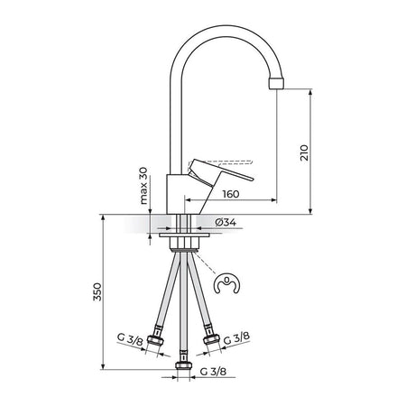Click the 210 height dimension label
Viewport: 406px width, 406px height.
pos(305,152)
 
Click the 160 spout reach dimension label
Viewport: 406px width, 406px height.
pos(231,194)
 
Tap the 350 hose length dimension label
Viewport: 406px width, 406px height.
pos(97,291)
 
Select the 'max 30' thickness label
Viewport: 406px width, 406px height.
pos(144,186)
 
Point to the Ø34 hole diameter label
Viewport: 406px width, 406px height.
pos(226,222)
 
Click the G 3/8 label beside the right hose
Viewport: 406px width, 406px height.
pos(236,338)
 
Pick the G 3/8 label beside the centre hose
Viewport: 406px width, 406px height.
pos(213,372)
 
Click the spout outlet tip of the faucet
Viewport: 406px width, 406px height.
pos(276,83)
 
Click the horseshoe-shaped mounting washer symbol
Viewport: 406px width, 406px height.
pos(228,283)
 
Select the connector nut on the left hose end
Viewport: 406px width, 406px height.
pos(156,339)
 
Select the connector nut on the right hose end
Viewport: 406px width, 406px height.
pos(211,338)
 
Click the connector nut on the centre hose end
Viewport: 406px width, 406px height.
pos(184,364)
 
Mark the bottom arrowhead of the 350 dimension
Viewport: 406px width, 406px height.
pos(103,366)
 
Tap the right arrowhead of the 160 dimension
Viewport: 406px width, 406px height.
pos(273,199)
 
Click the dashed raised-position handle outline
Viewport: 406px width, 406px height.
pos(219,163)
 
